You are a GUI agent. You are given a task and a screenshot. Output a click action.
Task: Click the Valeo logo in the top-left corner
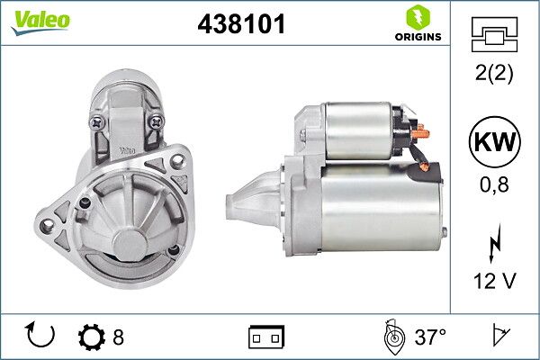40,22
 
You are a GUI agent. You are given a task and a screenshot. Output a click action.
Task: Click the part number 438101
241,23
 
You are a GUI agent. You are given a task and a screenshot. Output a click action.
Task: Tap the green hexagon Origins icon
418,18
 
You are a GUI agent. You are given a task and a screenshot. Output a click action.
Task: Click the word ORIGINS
418,37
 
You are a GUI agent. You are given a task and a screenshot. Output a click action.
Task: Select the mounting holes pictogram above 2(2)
494,34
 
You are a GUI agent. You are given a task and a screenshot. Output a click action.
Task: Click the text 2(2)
494,73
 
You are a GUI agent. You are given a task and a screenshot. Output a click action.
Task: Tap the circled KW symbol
495,141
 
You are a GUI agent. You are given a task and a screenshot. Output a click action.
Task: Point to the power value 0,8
494,184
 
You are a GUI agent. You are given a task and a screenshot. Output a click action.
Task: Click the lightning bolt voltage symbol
495,243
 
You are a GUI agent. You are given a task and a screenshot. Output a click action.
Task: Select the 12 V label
495,281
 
